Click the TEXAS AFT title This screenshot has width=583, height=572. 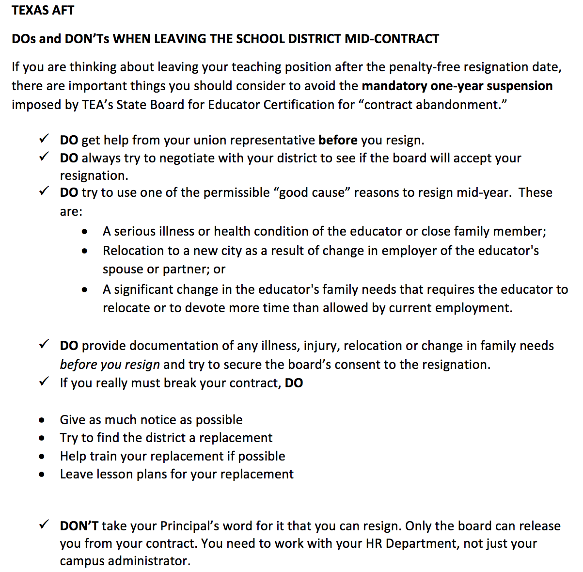(x=43, y=10)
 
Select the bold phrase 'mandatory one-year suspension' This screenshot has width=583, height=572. (x=457, y=86)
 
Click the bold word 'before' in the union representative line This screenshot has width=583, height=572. (x=338, y=140)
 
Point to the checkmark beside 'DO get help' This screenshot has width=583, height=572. (x=44, y=140)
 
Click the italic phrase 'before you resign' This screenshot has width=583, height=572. (x=110, y=365)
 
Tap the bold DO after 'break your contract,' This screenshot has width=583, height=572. (x=294, y=383)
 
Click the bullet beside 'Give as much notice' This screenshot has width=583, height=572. (x=43, y=420)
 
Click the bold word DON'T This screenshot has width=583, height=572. (x=79, y=526)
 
